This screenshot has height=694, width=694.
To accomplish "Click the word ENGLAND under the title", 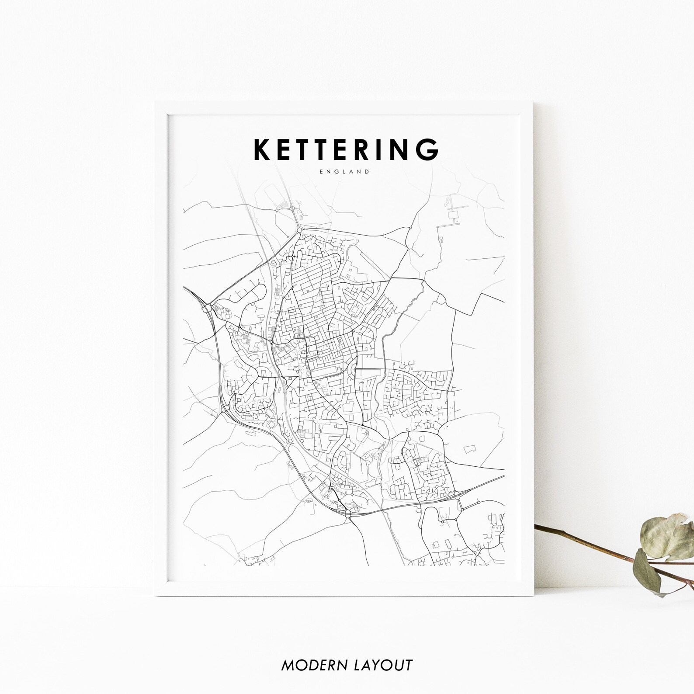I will pos(344,172).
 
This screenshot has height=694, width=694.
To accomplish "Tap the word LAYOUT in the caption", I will pos(381,666).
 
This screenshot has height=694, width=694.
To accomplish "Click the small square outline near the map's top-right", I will pos(452,214).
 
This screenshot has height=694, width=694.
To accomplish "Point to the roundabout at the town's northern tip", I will pos(299,229).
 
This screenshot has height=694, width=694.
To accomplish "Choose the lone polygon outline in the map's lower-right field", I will pos(470,449).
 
